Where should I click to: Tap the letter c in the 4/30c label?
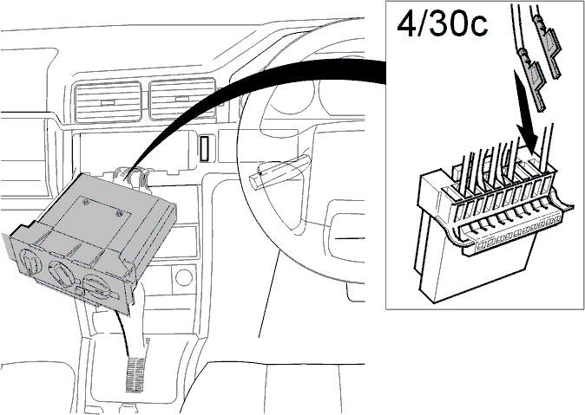pyautogui.click(x=477, y=27)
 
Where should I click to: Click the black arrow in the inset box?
pyautogui.click(x=527, y=112)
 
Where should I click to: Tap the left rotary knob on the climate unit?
pyautogui.click(x=30, y=260)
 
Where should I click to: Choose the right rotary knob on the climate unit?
pyautogui.click(x=95, y=286)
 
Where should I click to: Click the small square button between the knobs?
pyautogui.click(x=80, y=291)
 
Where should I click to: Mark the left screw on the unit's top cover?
pyautogui.click(x=86, y=202)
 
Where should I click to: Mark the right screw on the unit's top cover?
pyautogui.click(x=119, y=213)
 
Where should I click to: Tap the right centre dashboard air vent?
pyautogui.click(x=183, y=99)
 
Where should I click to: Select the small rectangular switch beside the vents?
pyautogui.click(x=204, y=149)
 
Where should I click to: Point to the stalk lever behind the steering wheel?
pyautogui.click(x=284, y=167)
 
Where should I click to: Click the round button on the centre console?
pyautogui.click(x=183, y=277)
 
